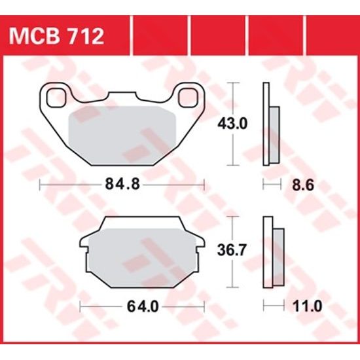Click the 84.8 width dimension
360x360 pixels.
click(122, 185)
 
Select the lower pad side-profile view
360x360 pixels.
click(272, 252)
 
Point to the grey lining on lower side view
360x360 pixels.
click(278, 252)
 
